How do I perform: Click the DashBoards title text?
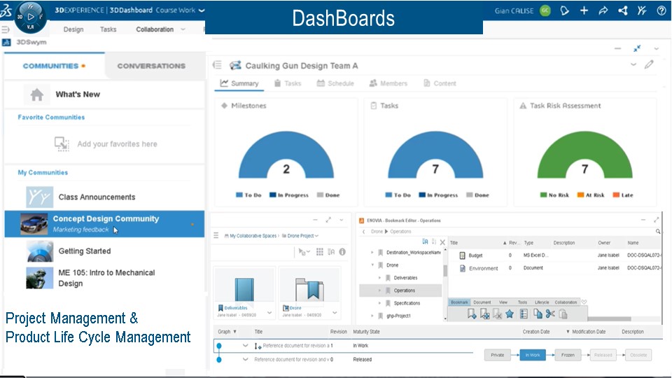click(343, 19)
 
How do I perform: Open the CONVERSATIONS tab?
click(151, 66)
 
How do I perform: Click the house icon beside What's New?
click(36, 94)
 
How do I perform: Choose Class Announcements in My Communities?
click(97, 197)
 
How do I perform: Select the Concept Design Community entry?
click(106, 219)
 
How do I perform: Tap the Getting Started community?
click(84, 251)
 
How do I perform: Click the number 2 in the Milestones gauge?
click(286, 169)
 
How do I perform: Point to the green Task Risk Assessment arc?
click(585, 143)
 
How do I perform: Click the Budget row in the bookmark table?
click(475, 255)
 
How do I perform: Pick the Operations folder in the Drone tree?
click(404, 290)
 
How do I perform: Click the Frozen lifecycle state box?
click(568, 355)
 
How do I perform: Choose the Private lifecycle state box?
click(497, 355)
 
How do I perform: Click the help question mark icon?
click(661, 10)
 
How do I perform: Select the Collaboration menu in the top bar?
click(155, 29)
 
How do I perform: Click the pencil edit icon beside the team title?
click(649, 64)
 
